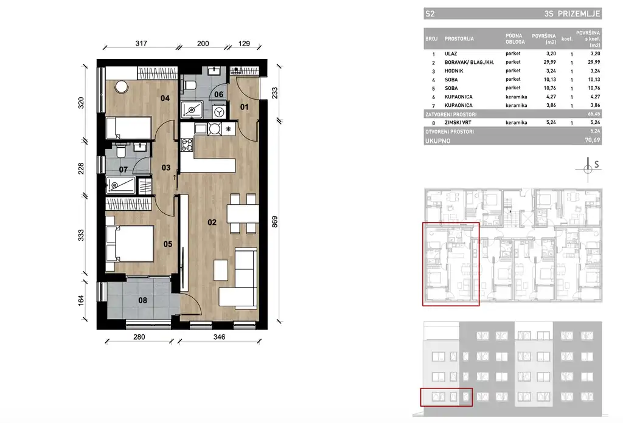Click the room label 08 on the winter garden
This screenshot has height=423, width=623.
(x=142, y=300)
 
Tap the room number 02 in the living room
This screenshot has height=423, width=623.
(x=212, y=222)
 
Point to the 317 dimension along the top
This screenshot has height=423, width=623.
(x=141, y=44)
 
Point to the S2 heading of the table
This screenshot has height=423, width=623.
(x=431, y=12)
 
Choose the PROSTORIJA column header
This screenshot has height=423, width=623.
(x=459, y=39)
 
